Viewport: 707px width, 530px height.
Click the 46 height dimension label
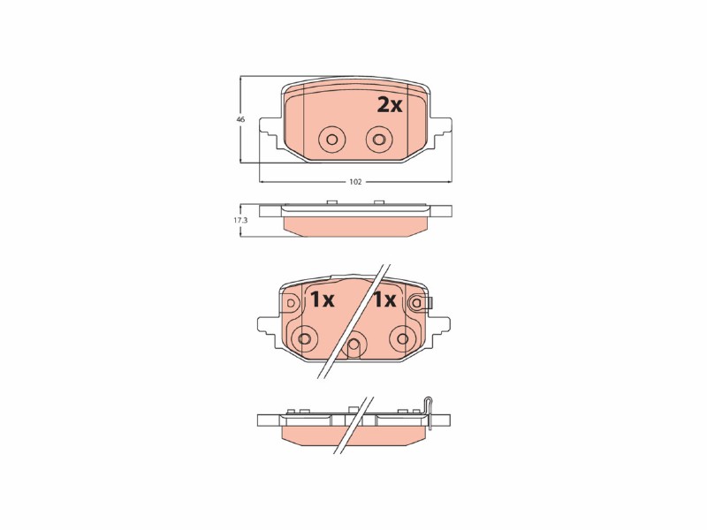(240, 120)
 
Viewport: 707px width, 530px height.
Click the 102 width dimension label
(355, 182)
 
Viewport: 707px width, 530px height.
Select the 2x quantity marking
(389, 105)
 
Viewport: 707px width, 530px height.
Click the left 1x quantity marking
(322, 299)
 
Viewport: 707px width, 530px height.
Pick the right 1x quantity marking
(384, 299)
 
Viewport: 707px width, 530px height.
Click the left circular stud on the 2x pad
(331, 140)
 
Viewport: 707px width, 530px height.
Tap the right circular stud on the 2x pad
(379, 140)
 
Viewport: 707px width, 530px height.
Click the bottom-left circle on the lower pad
(305, 339)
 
